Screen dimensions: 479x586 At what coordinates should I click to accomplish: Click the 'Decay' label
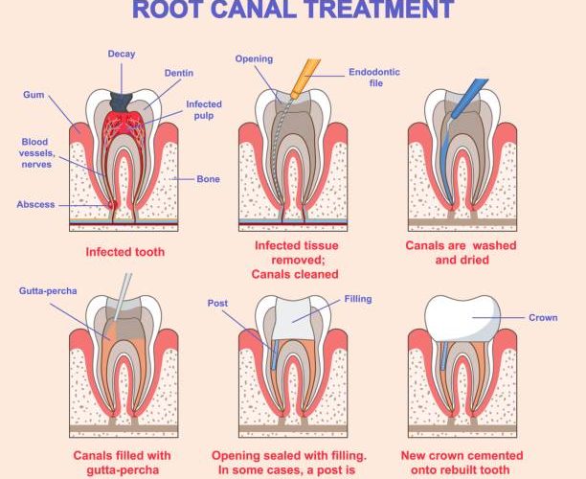coord(121,54)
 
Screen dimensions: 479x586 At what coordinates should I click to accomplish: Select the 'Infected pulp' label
coord(203,110)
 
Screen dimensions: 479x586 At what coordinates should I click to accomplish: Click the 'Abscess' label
coord(36,204)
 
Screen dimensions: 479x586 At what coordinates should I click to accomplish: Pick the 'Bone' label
coord(209,178)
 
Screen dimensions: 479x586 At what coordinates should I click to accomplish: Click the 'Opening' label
coord(254,59)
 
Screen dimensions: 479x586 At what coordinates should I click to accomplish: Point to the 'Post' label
coord(217,304)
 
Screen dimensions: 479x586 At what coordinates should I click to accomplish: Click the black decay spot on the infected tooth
coord(121,98)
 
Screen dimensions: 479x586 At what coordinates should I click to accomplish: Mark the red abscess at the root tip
coord(113,204)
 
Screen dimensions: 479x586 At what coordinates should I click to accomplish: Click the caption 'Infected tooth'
coord(124,253)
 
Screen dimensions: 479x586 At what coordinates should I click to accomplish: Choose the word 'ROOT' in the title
coord(171,11)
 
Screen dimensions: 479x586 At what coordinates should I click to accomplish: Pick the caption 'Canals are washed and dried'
coord(462,253)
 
